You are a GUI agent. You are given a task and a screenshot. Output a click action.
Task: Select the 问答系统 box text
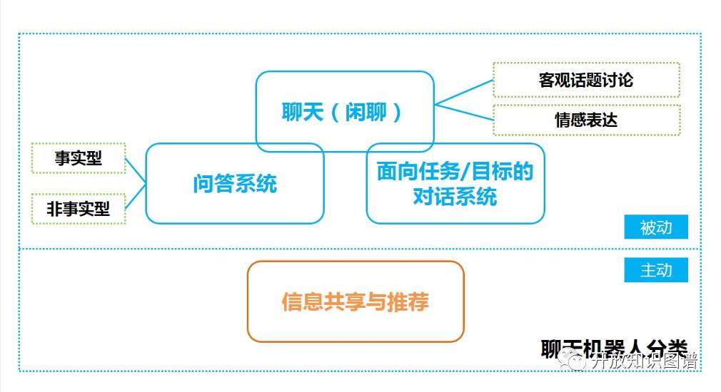click(x=235, y=184)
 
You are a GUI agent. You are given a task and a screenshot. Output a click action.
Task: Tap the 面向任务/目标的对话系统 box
click(x=455, y=183)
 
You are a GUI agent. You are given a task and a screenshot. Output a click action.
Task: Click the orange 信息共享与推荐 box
click(x=356, y=301)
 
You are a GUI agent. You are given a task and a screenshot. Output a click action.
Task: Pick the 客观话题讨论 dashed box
click(x=586, y=80)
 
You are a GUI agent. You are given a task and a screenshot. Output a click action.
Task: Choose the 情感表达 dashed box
click(x=586, y=119)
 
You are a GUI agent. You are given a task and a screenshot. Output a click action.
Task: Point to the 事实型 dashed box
click(x=79, y=158)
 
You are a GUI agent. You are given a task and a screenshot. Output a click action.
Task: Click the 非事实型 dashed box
click(x=79, y=209)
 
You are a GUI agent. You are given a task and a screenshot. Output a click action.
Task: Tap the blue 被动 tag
click(x=655, y=227)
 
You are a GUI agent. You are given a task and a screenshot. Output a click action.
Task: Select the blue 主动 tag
click(x=655, y=270)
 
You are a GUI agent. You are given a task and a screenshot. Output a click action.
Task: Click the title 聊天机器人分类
click(x=614, y=349)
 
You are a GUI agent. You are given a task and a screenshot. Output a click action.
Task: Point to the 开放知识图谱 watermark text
click(x=642, y=361)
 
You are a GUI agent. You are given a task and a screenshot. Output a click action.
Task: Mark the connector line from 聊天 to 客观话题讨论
click(x=464, y=91)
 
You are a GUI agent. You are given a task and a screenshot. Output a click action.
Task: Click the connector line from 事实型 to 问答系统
click(x=136, y=170)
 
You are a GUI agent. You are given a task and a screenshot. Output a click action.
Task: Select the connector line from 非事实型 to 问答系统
click(x=136, y=196)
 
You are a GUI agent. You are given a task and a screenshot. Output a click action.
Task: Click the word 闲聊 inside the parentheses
click(x=364, y=112)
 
